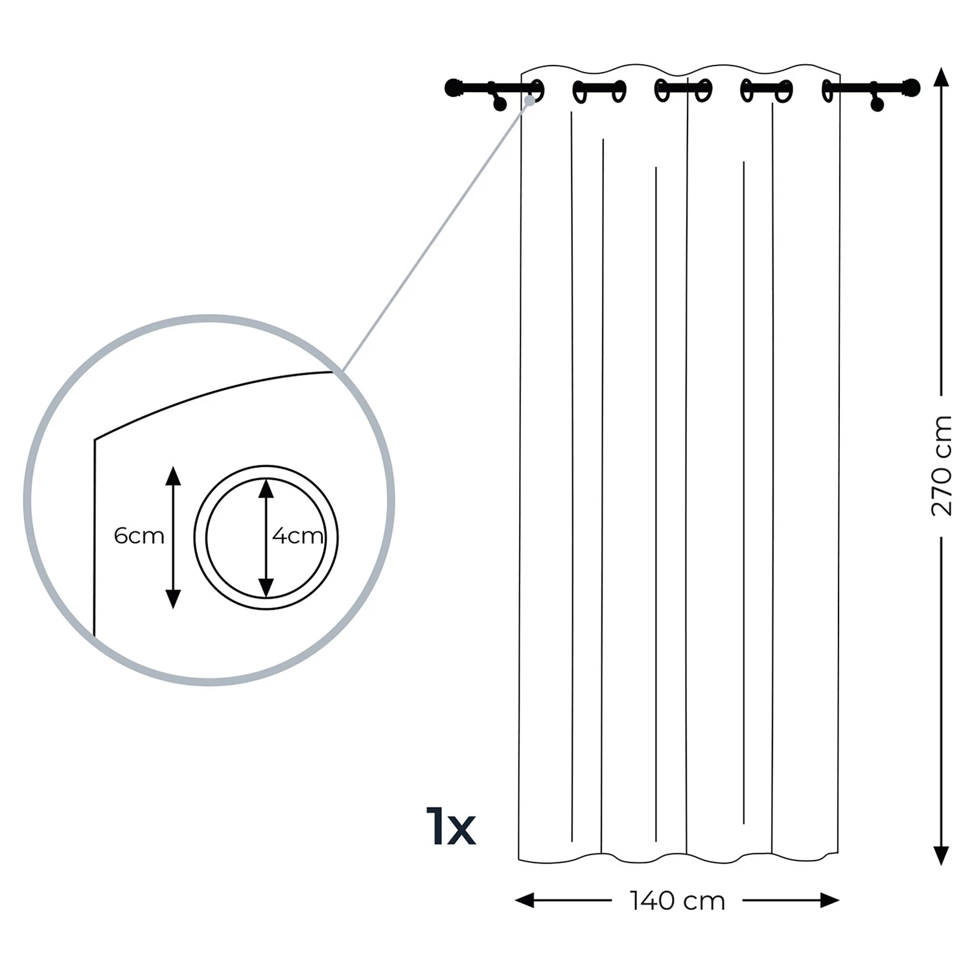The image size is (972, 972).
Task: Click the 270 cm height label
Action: coord(942,465)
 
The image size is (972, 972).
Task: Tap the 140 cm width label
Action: coord(677,901)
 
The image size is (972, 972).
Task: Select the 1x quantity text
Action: coord(451,826)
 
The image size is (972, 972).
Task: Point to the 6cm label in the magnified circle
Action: coord(139,536)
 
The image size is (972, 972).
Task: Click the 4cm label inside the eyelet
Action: coord(297,536)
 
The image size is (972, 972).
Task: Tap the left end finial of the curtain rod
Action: coord(452,87)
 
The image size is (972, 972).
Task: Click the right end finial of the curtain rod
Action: coord(912,87)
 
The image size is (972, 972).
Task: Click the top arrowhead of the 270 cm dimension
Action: coord(942,77)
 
